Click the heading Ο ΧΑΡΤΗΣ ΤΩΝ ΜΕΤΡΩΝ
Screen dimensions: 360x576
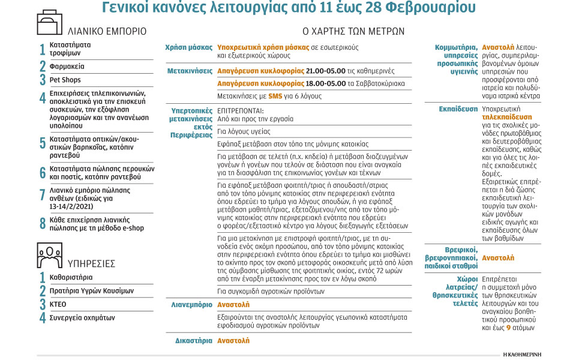(x=352, y=31)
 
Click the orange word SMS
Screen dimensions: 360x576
(x=275, y=96)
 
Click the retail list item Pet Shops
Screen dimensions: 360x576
(x=65, y=80)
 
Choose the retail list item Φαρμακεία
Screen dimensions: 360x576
(x=67, y=66)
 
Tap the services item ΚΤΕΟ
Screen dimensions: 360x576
(x=58, y=304)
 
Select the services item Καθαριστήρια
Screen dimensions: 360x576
(x=71, y=277)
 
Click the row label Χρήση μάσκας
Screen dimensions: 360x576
(x=189, y=47)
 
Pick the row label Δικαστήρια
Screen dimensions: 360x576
(x=193, y=340)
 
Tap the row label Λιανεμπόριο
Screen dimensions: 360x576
(x=192, y=305)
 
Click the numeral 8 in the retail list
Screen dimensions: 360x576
(x=43, y=224)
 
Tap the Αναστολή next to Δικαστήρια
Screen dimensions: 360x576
(x=233, y=340)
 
